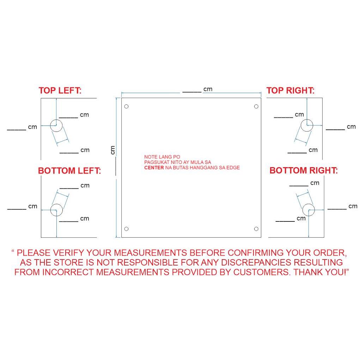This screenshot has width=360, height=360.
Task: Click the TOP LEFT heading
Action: coord(60,91)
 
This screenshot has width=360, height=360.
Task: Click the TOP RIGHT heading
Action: coord(291,91)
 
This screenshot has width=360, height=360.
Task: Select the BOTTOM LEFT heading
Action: coord(69,171)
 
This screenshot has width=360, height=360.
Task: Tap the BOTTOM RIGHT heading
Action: coord(304,170)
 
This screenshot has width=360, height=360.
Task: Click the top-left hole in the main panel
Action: coord(126,106)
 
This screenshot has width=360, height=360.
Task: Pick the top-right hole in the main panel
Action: coord(256,106)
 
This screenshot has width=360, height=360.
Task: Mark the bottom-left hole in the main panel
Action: coord(126,229)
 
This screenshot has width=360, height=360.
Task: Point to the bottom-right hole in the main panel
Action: coord(256,229)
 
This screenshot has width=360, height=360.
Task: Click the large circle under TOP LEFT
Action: coord(56,120)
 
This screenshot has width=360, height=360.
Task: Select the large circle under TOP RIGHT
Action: coord(307,120)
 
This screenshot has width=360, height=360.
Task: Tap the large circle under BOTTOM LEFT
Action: coord(56,204)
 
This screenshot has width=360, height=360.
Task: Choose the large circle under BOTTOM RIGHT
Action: coord(308,204)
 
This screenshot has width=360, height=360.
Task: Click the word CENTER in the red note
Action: coord(154,167)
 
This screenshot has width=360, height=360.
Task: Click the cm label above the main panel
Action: coord(208,89)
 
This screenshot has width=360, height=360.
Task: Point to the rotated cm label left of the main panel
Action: coord(112,150)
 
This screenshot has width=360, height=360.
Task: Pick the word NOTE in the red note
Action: coord(151,157)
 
